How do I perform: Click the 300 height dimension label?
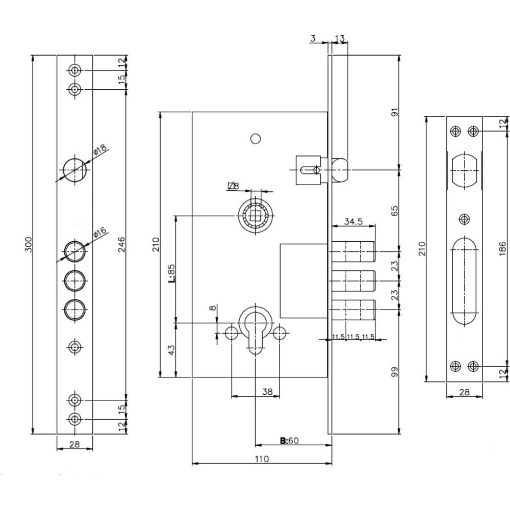[29, 244]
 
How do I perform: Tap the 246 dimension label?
[121, 244]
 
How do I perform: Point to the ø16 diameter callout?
[100, 233]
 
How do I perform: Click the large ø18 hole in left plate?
[75, 170]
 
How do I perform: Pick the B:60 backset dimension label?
[289, 441]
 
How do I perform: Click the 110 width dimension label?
[262, 459]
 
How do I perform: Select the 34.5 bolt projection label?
[353, 221]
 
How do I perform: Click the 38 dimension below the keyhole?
[267, 392]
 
